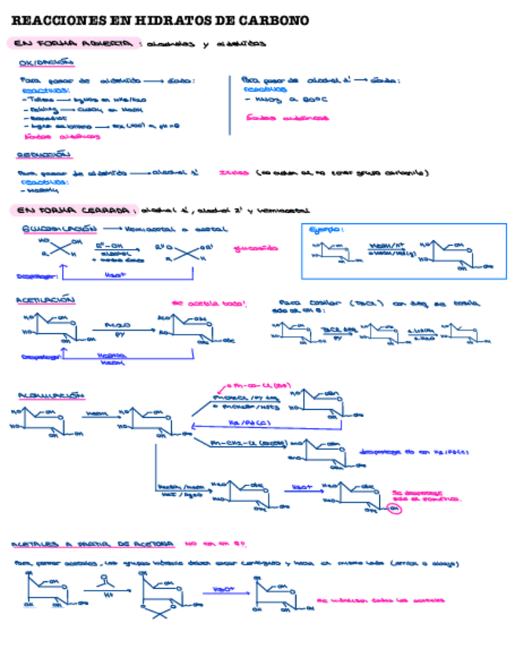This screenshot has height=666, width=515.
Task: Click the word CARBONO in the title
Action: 276,20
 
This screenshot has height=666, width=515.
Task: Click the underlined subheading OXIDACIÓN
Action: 46,62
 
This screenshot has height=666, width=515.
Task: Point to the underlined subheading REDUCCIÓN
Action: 44,155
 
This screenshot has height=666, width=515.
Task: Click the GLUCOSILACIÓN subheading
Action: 58,229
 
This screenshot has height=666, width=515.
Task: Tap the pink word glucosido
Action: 256,248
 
